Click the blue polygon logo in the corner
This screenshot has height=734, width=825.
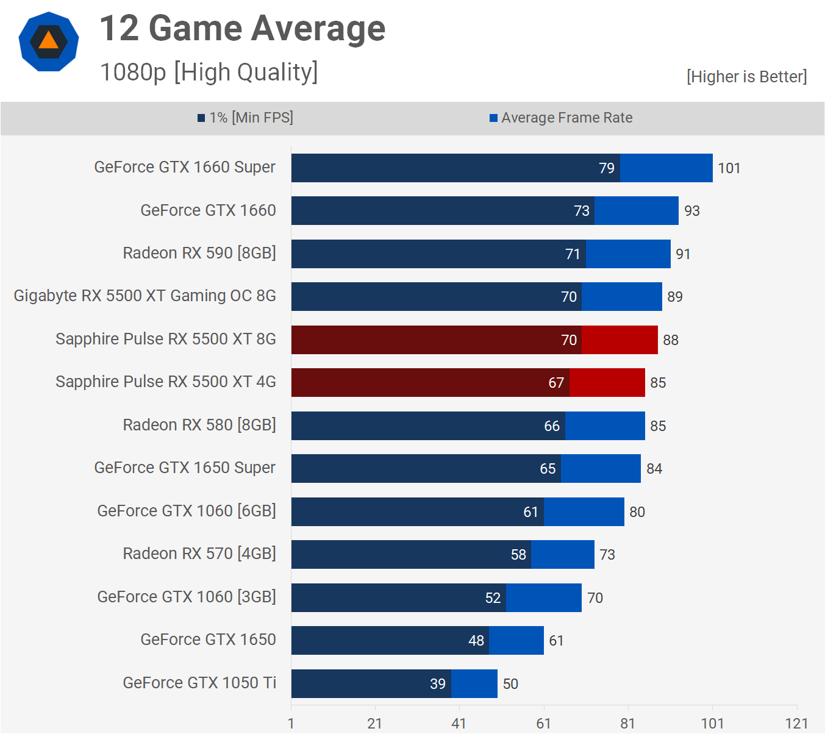(49, 41)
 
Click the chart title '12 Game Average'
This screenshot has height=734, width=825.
(242, 29)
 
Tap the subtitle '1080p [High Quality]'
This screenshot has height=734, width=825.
(209, 72)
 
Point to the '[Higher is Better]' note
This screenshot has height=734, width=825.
(746, 77)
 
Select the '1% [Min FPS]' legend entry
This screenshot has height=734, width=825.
(245, 118)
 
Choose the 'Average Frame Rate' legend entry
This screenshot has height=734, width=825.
(561, 118)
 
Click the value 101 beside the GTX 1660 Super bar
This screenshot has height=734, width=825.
(729, 168)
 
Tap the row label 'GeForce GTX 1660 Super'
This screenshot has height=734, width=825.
(185, 168)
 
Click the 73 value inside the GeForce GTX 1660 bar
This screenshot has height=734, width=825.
(581, 211)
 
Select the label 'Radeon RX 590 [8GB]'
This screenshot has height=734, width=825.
(199, 253)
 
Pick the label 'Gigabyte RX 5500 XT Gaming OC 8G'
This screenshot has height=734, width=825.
(145, 296)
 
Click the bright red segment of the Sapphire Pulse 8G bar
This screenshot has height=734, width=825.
(620, 340)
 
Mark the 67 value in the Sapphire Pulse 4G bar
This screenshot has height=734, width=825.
(555, 383)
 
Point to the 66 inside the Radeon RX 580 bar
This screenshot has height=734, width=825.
(551, 426)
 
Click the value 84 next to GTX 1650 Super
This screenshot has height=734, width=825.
(654, 469)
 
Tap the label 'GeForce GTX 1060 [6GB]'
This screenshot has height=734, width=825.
(187, 511)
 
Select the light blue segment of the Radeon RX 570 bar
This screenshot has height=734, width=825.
(562, 555)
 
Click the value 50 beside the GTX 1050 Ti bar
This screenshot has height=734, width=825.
(510, 684)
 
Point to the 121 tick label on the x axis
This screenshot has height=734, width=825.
(796, 724)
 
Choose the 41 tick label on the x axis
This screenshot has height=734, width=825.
(459, 724)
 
